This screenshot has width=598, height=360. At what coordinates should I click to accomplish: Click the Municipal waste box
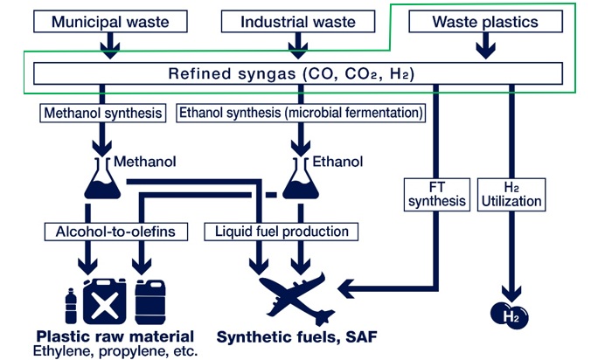(x=110, y=21)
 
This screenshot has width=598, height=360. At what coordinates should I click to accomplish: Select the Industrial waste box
(x=298, y=21)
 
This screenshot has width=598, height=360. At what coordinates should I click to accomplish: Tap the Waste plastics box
(x=485, y=21)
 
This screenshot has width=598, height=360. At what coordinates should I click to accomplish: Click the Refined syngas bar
(x=298, y=73)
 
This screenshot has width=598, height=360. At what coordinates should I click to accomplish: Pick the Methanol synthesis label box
(x=103, y=113)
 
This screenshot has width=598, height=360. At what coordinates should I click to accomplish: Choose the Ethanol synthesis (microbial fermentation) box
(x=301, y=113)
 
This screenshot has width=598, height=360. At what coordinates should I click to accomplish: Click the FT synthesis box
(x=437, y=195)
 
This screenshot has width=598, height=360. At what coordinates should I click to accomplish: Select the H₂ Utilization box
(x=511, y=195)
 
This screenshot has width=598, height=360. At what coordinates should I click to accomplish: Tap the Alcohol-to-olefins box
(x=116, y=232)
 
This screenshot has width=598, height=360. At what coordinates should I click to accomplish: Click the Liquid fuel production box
(x=281, y=232)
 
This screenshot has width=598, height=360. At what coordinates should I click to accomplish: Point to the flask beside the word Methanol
(x=102, y=178)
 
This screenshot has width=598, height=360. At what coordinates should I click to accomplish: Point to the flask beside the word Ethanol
(x=301, y=178)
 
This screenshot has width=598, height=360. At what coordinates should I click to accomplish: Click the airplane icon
(x=293, y=295)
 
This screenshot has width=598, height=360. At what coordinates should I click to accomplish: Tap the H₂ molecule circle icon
(x=510, y=315)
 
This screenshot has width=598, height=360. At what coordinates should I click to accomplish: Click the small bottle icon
(x=71, y=306)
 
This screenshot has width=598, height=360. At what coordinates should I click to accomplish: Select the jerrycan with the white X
(x=105, y=302)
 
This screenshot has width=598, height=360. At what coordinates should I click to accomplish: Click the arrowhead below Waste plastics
(x=485, y=51)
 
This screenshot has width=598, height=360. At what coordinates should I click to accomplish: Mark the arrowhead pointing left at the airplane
(x=346, y=288)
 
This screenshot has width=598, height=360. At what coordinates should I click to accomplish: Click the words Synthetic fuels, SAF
(x=296, y=337)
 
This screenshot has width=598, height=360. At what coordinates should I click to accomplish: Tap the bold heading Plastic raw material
(x=115, y=336)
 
